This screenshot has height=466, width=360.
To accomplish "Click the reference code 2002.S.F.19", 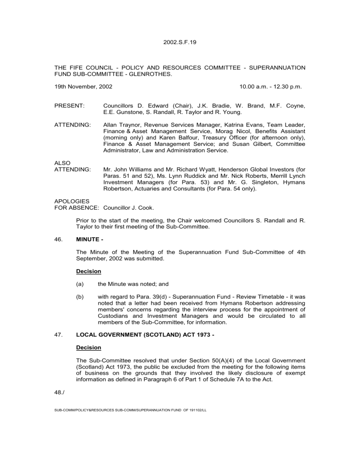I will [180, 42].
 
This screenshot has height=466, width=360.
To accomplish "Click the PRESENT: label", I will [69, 106].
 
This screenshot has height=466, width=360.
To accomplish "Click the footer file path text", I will [131, 409].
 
